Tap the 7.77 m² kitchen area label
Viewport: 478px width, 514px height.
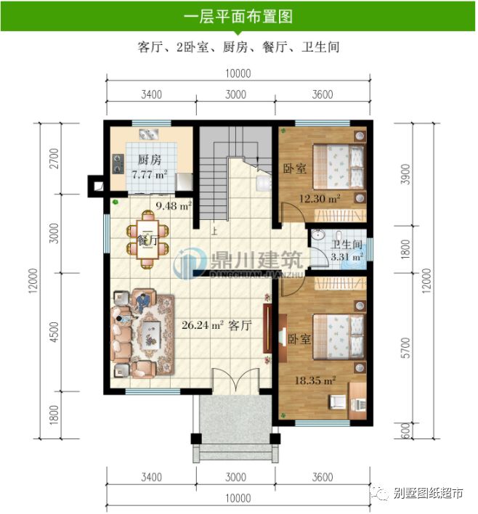tap(150, 174)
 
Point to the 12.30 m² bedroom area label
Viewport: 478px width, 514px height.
tap(320, 198)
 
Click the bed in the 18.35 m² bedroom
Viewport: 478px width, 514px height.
tap(337, 338)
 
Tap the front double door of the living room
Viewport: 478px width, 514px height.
tap(235, 382)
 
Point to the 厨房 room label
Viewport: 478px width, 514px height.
tap(150, 160)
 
